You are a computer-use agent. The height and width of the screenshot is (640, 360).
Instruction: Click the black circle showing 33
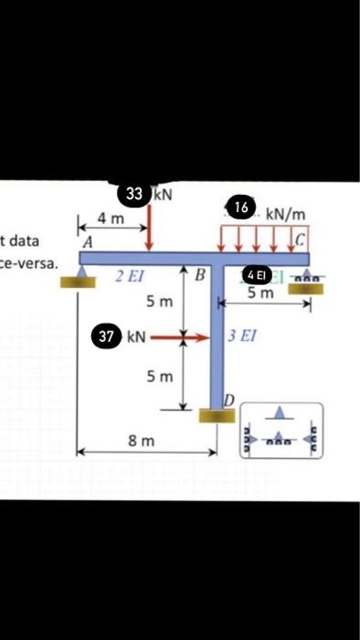coord(134,194)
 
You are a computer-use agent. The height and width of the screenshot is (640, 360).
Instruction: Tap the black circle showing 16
coord(241,208)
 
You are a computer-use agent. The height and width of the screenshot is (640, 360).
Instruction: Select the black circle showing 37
coord(107,336)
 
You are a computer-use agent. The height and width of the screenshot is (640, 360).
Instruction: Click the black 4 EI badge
coord(255,275)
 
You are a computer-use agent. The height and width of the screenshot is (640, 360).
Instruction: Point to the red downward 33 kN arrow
coord(150,224)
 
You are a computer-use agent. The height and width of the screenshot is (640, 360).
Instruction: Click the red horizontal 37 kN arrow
coord(170,337)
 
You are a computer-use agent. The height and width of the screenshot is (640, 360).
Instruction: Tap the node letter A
coord(88,244)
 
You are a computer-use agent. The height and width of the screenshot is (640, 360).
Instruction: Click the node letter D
coord(230,400)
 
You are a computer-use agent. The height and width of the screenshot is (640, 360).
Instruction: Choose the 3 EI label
coord(242,336)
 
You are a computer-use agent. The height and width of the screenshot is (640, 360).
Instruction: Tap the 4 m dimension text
coord(110,219)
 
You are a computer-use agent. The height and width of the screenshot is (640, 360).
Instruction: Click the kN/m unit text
coord(285,214)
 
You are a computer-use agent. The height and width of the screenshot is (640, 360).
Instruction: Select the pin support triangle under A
coord(82,272)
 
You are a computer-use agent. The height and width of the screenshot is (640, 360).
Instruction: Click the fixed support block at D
coord(217,416)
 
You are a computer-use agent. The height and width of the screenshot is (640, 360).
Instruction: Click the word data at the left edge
coord(20,241)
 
